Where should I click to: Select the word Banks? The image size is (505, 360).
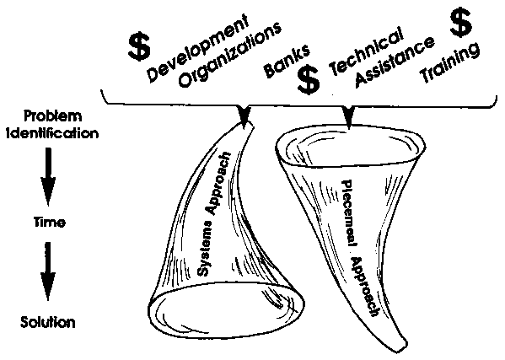click(x=287, y=62)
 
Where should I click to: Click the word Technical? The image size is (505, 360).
click(x=366, y=51)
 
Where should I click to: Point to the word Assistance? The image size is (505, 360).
click(x=395, y=62)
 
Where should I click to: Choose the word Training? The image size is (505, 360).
click(x=450, y=63)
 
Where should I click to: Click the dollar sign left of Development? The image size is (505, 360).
click(x=139, y=47)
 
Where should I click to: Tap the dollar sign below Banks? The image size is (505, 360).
click(x=309, y=80)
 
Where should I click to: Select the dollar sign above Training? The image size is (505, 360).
click(x=461, y=23)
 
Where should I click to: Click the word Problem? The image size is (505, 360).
click(x=53, y=116)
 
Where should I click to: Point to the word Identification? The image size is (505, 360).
click(x=52, y=132)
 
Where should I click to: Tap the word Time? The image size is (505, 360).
click(x=50, y=223)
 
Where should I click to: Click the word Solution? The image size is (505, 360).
click(x=48, y=322)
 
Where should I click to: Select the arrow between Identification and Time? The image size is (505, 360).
click(x=48, y=176)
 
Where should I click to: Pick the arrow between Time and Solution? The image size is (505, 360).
click(x=48, y=271)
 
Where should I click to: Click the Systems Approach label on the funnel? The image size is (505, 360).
click(x=214, y=214)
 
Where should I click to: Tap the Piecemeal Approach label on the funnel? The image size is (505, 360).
click(x=360, y=248)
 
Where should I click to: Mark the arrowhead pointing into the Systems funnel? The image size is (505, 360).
click(x=244, y=116)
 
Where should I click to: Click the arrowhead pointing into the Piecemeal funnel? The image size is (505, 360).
click(x=348, y=117)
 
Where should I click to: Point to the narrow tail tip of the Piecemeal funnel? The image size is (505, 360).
click(x=405, y=350)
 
